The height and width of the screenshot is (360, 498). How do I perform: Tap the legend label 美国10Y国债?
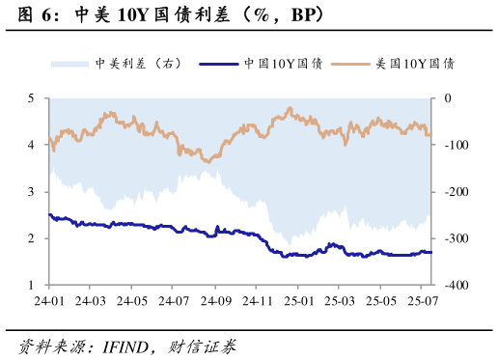pos(415,64)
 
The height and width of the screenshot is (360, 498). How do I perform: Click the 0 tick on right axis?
pos(447,98)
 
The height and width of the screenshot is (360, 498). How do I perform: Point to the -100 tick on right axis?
pos(453,145)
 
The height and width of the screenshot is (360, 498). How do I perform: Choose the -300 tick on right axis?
pos(453,238)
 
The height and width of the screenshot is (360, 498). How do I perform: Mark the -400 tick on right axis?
pos(453,286)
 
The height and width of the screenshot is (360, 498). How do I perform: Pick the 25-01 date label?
pos(297,301)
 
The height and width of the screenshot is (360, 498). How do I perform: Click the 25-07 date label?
pos(423,301)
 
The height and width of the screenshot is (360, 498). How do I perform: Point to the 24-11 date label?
pos(256,301)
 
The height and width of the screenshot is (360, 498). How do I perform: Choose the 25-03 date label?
pos(339,301)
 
